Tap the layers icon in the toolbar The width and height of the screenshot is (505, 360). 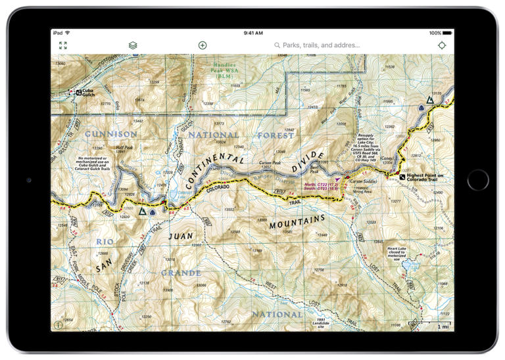[x=133, y=45]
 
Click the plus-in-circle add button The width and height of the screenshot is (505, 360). [x=203, y=45]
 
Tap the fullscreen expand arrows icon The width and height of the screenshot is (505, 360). [x=63, y=45]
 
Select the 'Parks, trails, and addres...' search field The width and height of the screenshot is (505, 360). [x=321, y=45]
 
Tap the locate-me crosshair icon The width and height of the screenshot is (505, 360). [x=441, y=45]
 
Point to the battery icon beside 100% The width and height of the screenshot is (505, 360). [x=448, y=32]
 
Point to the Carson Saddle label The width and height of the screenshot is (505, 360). [x=362, y=180]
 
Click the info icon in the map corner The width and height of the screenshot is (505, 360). [x=59, y=325]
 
